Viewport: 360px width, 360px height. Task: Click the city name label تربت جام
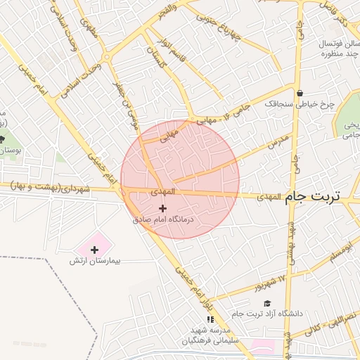pos(312,198)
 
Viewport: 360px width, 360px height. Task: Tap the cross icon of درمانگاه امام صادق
pos(163,208)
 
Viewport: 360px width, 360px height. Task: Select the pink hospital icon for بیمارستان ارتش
pos(95,250)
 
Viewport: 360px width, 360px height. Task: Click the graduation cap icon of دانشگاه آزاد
pos(266,303)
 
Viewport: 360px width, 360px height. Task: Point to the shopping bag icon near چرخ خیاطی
pos(300,93)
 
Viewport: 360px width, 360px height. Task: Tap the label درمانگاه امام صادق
pos(163,219)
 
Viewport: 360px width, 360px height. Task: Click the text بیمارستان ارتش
pos(95,261)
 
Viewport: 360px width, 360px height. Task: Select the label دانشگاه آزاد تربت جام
pos(271,314)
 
